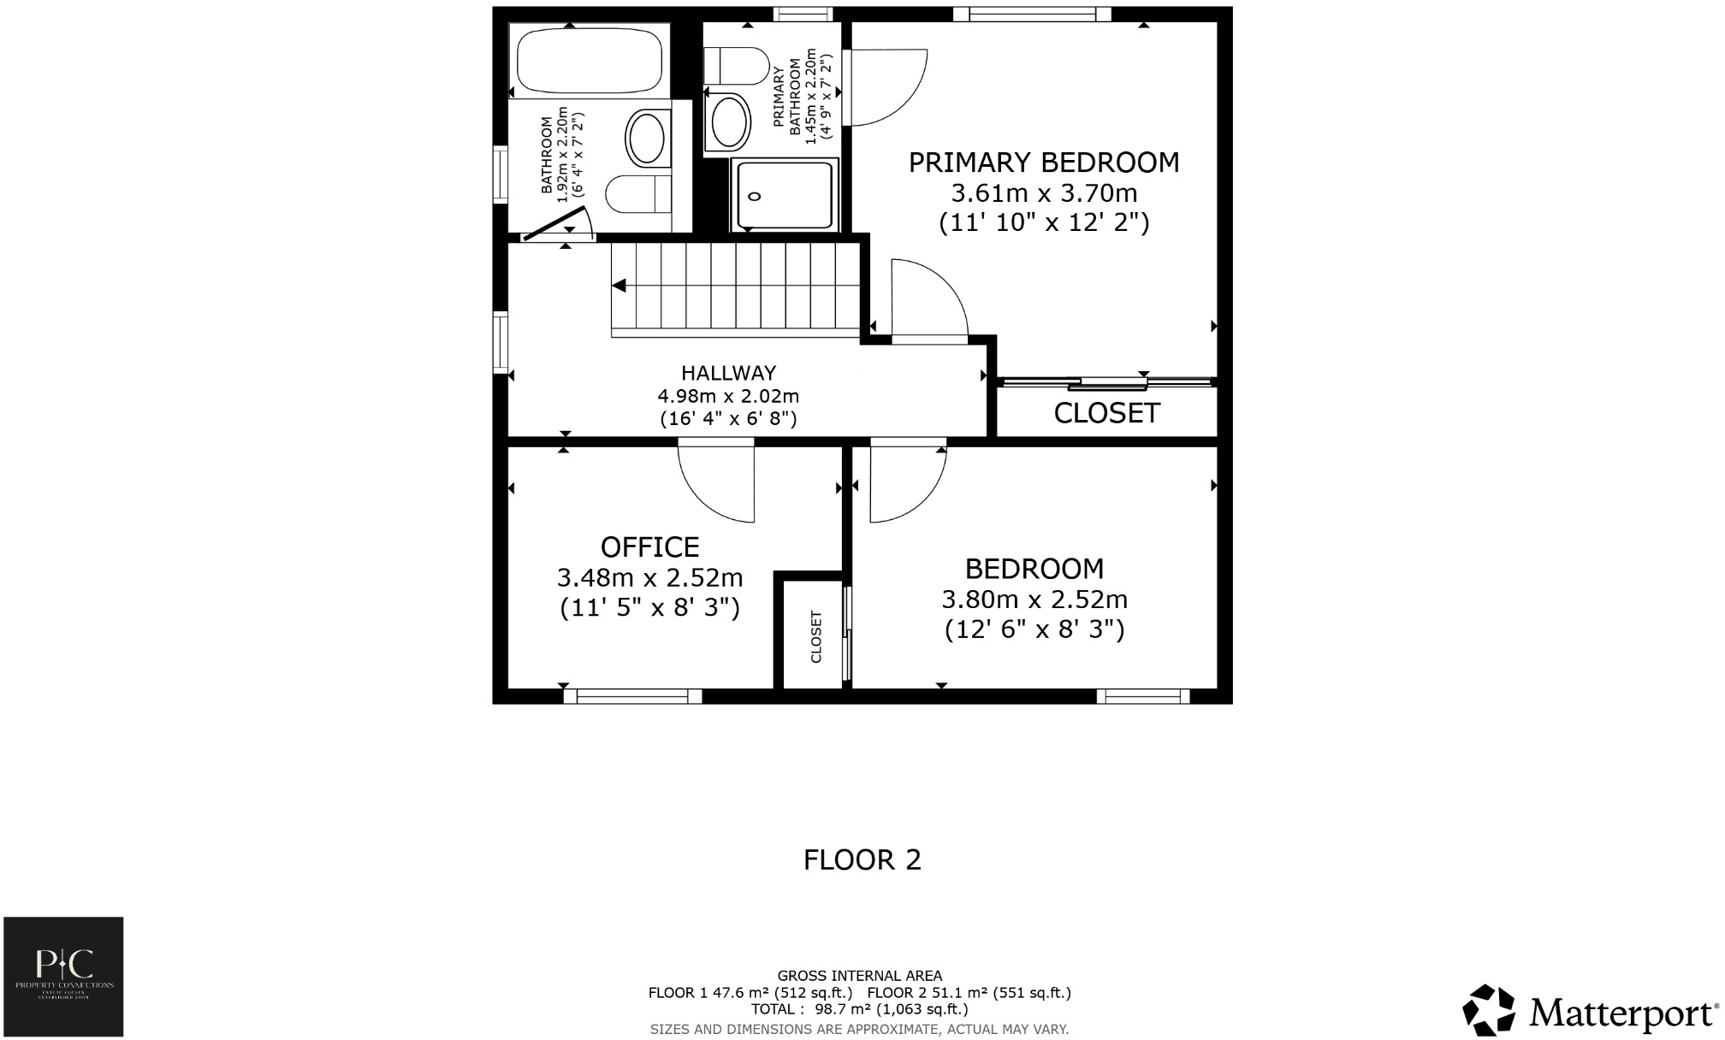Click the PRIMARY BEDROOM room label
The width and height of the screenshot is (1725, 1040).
point(1043,162)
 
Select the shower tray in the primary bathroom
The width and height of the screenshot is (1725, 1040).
point(783,195)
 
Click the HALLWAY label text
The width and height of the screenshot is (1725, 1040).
point(728,373)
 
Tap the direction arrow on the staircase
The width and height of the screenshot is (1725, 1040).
point(619,286)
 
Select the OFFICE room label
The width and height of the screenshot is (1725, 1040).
point(649,547)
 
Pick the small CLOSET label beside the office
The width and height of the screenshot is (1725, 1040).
point(815,636)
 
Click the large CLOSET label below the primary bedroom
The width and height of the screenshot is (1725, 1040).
point(1106,413)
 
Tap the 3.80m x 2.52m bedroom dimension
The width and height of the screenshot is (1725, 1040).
point(1034,600)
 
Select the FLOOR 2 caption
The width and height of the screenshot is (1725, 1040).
point(862,860)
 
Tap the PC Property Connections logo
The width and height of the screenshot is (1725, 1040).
point(63,977)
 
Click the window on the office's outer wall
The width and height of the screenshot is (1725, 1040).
point(632,697)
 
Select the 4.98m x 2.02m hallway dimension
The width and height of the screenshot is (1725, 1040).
point(727,397)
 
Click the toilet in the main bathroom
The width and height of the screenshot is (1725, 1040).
point(638,194)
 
